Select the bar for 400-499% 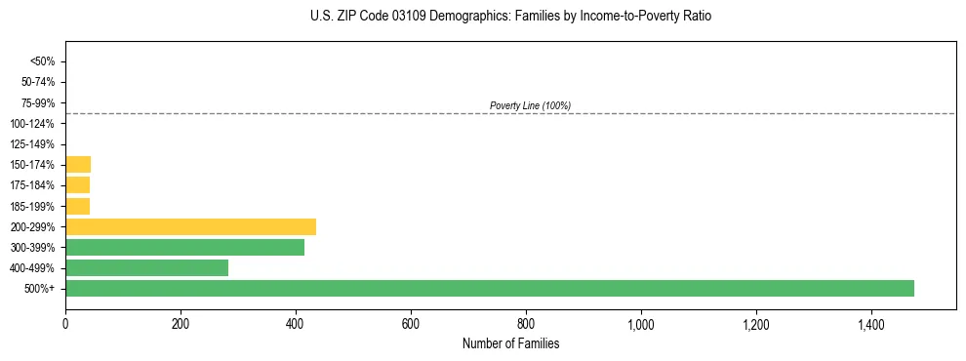(146, 267)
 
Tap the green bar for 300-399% (184, 247)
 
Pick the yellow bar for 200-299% (190, 226)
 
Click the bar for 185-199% (77, 206)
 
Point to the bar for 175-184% (77, 185)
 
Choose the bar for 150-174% (78, 164)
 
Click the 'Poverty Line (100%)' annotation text (530, 105)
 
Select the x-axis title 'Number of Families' (510, 343)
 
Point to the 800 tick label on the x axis (526, 324)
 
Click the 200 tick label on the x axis (181, 324)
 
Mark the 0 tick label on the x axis (65, 324)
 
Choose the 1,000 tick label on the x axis (640, 324)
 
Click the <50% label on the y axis (43, 61)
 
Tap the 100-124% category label (35, 124)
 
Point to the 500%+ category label (41, 289)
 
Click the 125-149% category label (35, 144)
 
